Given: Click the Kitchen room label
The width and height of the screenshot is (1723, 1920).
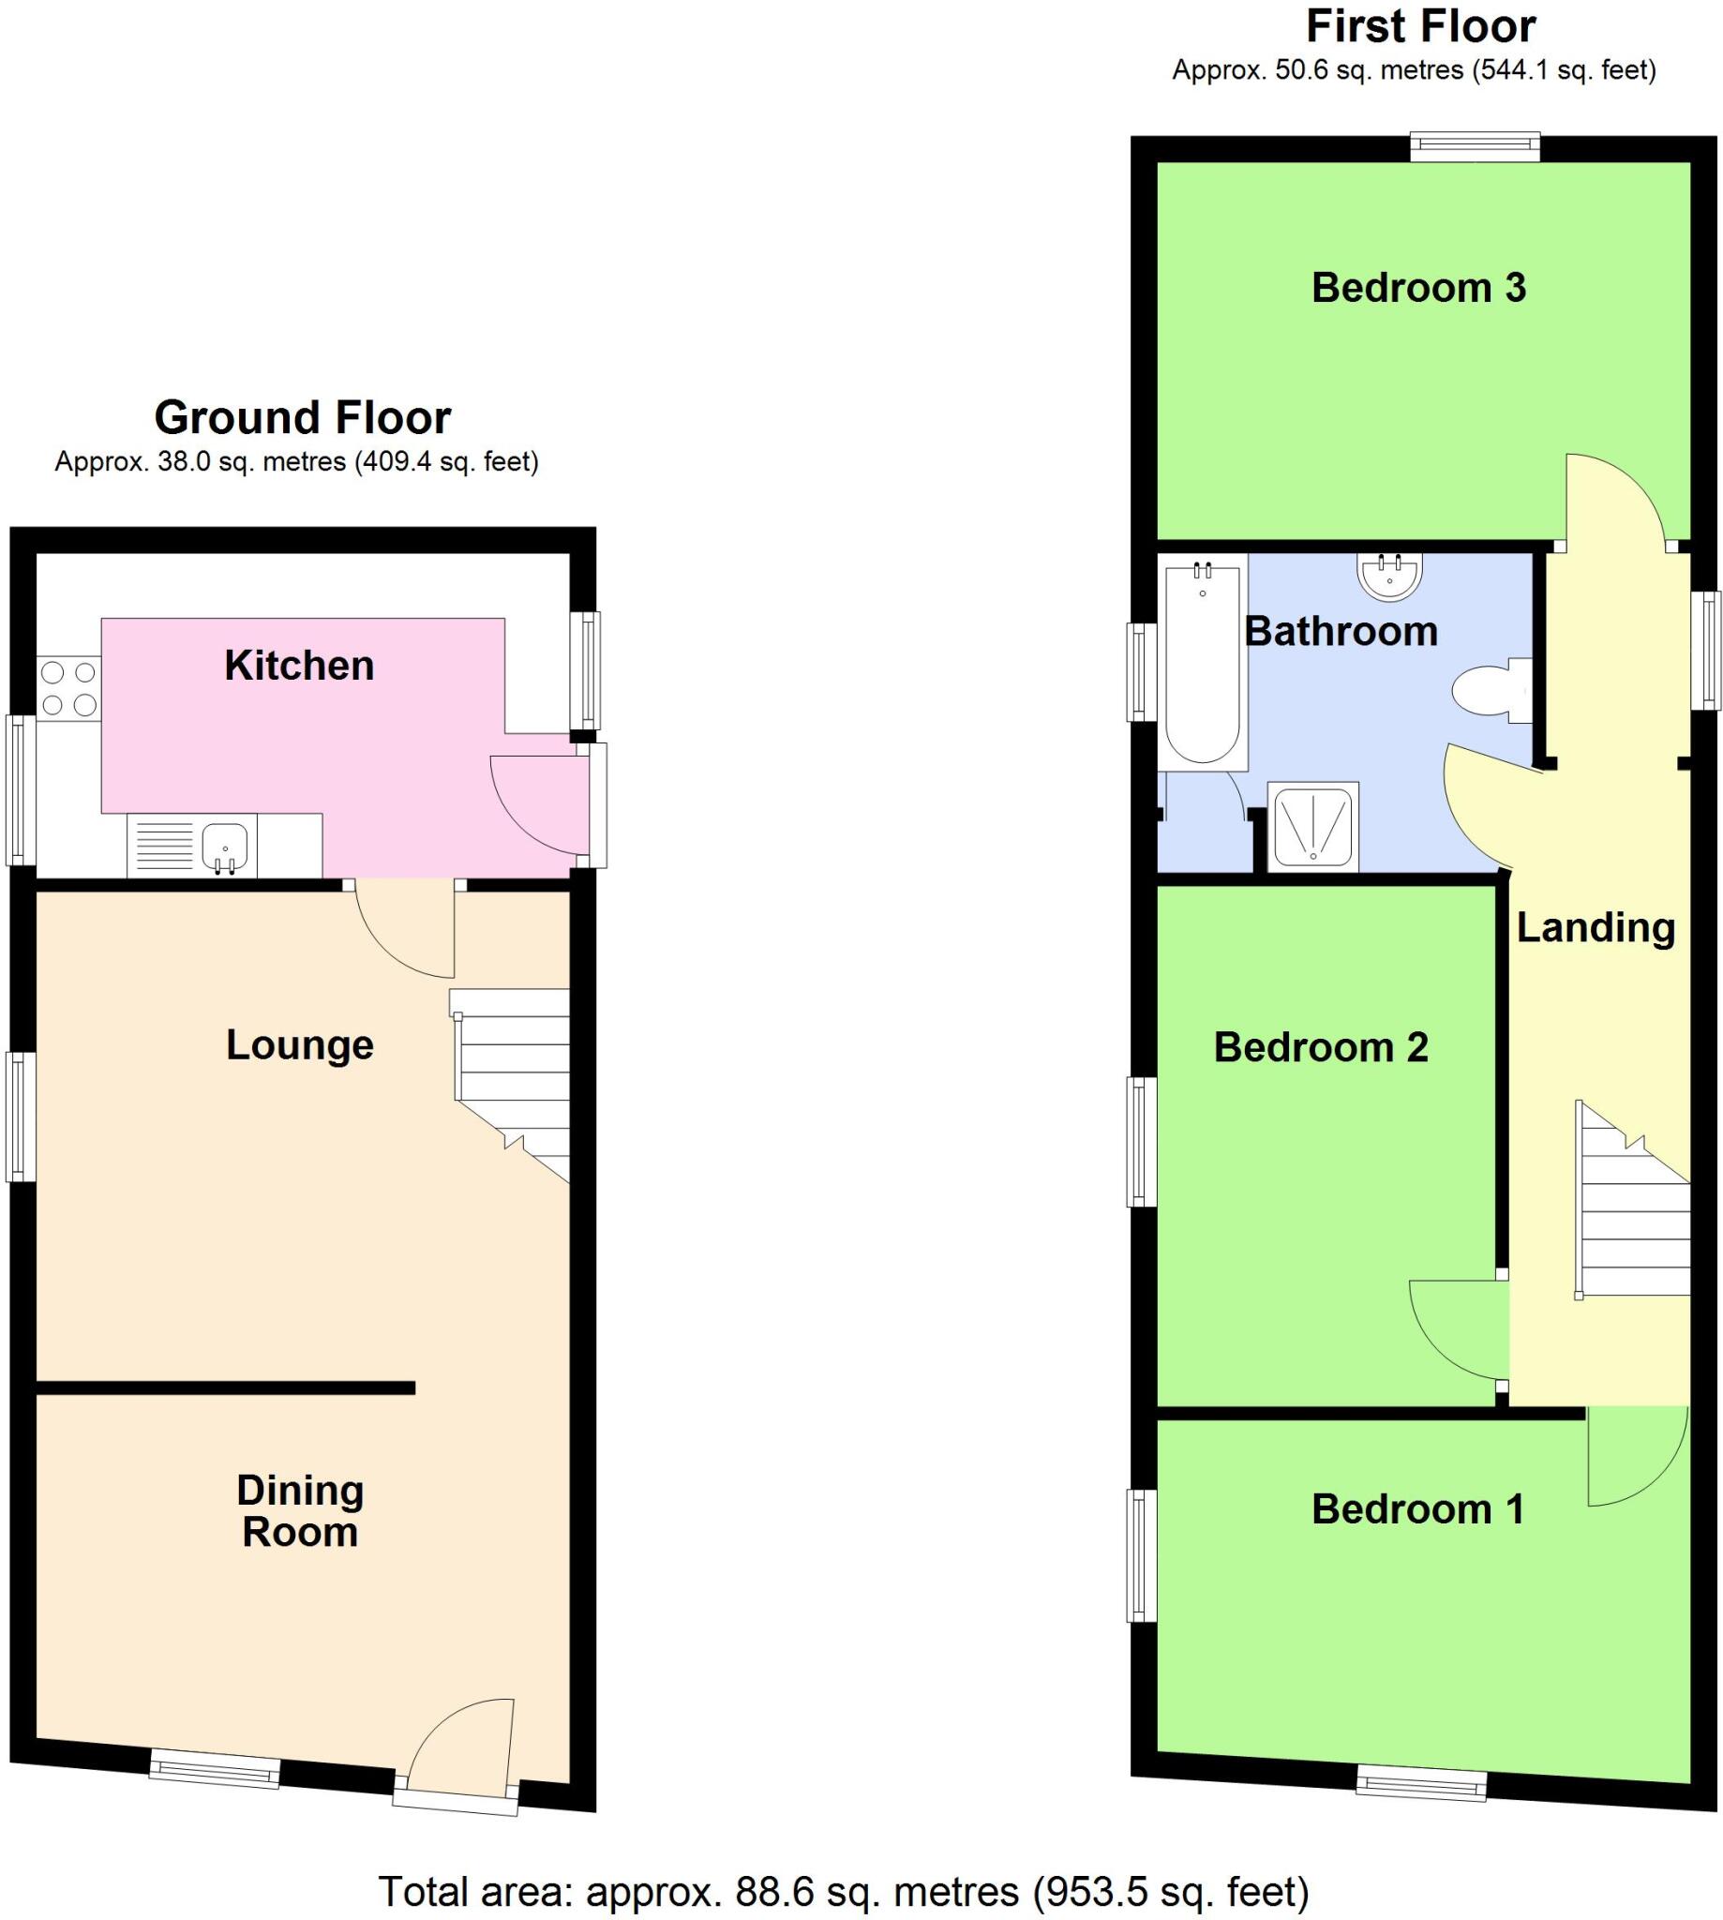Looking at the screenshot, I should (299, 666).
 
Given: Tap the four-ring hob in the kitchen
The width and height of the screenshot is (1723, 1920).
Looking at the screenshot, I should (69, 688).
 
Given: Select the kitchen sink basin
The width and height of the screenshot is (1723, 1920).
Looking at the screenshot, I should (225, 843).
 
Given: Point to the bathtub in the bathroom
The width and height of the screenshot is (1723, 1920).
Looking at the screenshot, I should (1203, 663).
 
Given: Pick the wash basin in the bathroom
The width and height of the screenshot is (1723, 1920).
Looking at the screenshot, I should (1390, 576).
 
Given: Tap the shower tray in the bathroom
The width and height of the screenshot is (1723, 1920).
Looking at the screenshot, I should (1313, 826).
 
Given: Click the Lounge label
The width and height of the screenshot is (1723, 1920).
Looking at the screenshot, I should (299, 1045).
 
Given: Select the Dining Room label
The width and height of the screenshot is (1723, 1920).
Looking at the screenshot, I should (299, 1511).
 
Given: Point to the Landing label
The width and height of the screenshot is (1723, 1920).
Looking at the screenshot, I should (1596, 928).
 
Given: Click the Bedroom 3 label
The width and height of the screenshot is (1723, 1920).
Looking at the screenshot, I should (1418, 288).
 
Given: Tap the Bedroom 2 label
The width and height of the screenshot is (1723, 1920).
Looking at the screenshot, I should (1321, 1048).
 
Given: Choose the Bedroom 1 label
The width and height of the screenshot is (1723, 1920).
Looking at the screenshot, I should (1418, 1509).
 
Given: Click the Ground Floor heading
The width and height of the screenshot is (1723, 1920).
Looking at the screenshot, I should (302, 417).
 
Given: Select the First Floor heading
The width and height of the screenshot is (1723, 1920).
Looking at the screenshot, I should (1420, 26).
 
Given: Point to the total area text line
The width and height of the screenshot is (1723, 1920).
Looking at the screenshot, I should (844, 1892).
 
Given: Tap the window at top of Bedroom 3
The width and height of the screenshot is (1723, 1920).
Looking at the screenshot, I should (1474, 147).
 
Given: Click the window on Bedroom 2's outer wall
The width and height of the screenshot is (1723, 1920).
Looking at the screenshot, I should (1142, 1142).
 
